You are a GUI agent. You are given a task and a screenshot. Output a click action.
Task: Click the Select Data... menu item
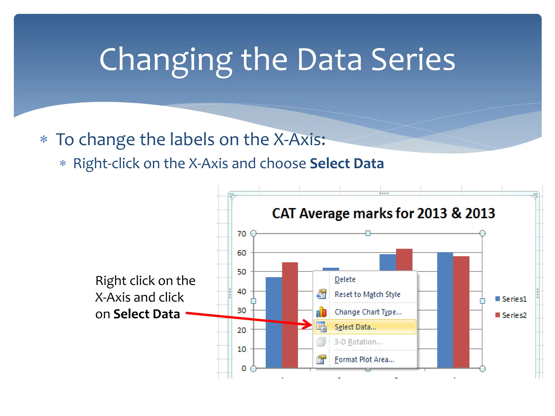click(355, 327)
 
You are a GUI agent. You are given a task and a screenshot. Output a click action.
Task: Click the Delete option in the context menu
click(345, 279)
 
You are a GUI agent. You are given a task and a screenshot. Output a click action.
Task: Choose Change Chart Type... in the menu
click(368, 312)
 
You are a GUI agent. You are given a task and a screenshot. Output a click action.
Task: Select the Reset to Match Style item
click(367, 294)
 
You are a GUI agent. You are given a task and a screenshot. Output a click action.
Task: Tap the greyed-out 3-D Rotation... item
click(358, 342)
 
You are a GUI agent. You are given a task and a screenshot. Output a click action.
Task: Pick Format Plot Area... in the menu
click(364, 360)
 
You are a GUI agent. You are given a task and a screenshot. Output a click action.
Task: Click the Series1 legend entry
click(511, 299)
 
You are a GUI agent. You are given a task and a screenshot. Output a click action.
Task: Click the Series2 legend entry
click(511, 315)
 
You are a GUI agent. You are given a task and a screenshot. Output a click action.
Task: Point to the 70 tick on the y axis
click(241, 234)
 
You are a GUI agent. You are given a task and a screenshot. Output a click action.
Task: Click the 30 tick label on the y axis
click(241, 310)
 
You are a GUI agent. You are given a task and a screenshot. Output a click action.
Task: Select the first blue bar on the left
click(274, 322)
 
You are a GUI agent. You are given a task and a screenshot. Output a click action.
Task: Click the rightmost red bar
click(461, 311)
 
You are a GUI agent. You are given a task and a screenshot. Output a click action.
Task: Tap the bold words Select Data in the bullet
click(347, 164)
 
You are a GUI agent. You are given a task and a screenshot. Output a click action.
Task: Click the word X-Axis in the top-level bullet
click(299, 140)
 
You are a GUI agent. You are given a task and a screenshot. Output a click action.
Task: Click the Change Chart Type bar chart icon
click(321, 312)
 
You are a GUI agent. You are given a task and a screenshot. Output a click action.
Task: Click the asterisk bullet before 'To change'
click(44, 140)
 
